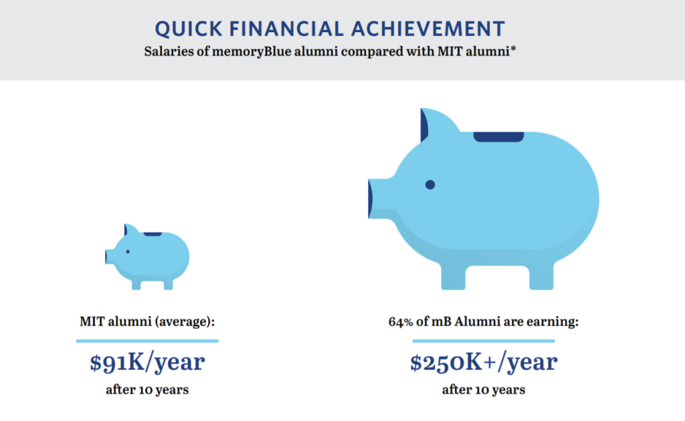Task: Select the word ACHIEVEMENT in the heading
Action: [x=427, y=29]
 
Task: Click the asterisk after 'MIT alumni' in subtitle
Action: [x=513, y=48]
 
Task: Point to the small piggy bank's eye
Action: [x=128, y=252]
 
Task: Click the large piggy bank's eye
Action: [x=430, y=184]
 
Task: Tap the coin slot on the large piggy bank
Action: [x=498, y=136]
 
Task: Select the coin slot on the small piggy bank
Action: [x=153, y=235]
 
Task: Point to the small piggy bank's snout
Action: [x=109, y=257]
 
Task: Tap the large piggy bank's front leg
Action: [x=453, y=277]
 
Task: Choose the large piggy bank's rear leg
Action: [x=541, y=277]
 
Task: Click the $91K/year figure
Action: [x=147, y=363]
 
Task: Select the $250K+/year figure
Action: [x=484, y=363]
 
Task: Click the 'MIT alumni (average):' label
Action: [x=147, y=322]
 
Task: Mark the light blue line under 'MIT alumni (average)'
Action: [x=147, y=341]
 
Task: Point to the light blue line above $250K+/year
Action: [x=484, y=341]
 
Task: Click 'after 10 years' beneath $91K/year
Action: [x=147, y=390]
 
